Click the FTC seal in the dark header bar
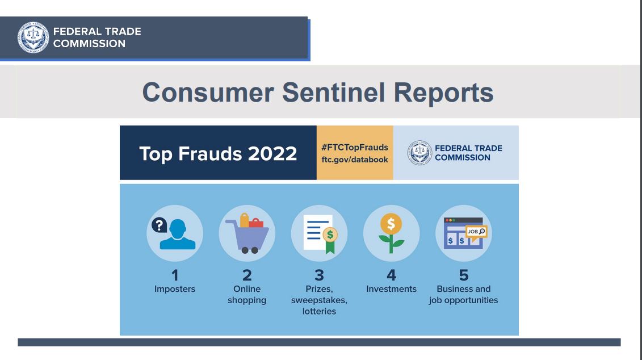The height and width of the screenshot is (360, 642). pos(33,37)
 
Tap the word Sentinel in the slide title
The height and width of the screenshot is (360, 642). pos(334,92)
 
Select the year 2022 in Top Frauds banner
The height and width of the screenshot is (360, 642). pos(272,154)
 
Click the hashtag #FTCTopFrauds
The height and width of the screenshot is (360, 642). pos(355,148)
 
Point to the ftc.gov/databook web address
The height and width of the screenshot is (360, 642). pos(355,160)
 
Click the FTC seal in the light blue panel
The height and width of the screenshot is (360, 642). pos(419,153)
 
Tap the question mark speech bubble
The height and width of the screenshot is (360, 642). pos(160,225)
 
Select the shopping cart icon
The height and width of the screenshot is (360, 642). pos(247,233)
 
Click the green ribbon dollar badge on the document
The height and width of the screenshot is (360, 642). pos(330,240)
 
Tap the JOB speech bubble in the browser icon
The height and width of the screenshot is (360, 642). pos(477,233)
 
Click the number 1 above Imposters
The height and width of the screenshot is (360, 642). pos(175,275)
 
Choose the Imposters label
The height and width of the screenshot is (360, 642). pos(175,289)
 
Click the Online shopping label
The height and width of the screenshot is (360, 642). pos(247,295)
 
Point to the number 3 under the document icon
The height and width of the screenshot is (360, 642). pos(320,275)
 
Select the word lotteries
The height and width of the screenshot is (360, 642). pos(320,311)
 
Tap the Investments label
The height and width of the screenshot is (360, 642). pos(392,289)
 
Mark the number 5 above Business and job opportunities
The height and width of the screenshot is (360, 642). pos(464,275)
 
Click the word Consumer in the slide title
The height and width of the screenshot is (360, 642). pos(208,92)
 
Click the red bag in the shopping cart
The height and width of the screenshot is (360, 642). pos(256,223)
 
